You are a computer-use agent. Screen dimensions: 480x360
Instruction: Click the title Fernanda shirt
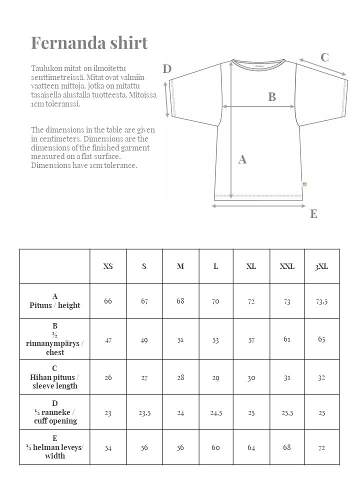(x=89, y=42)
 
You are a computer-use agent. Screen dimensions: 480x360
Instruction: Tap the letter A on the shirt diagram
(x=242, y=159)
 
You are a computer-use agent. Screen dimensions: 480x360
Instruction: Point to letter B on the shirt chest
(x=272, y=97)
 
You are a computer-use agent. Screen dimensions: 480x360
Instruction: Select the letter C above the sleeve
(x=324, y=57)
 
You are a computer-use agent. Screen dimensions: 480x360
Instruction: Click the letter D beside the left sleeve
(x=167, y=69)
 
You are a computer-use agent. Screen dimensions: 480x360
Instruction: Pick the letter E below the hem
(x=313, y=214)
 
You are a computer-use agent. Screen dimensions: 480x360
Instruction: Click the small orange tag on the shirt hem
(x=304, y=184)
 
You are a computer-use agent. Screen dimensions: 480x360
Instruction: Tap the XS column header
(x=108, y=266)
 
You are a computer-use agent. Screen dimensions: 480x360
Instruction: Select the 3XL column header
(x=321, y=266)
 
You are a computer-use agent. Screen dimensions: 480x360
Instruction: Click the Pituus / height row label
(x=54, y=301)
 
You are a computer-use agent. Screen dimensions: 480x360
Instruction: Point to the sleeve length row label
(x=54, y=377)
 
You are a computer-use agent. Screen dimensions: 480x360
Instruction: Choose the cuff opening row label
(x=54, y=412)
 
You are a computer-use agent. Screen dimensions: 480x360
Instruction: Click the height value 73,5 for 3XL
(x=321, y=301)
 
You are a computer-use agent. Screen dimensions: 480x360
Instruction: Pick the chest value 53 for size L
(x=215, y=340)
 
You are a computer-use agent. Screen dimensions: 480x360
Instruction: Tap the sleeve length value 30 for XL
(x=251, y=377)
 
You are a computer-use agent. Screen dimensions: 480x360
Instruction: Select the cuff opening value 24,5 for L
(x=215, y=413)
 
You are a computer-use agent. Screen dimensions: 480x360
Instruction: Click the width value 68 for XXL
(x=287, y=447)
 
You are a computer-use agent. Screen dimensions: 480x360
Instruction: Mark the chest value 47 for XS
(x=108, y=340)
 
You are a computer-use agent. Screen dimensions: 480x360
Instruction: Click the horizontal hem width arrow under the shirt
(x=258, y=205)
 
